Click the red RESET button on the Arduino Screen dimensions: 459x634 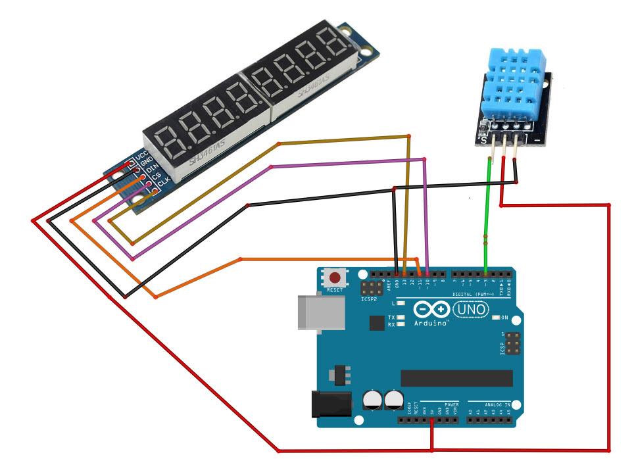pos(335,278)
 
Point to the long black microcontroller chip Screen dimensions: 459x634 pos(456,378)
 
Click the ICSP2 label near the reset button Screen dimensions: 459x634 pos(370,299)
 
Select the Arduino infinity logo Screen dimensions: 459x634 pos(431,309)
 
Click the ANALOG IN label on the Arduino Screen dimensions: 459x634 pos(497,403)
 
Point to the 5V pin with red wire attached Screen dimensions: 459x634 pos(431,420)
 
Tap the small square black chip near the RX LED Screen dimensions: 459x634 pos(376,323)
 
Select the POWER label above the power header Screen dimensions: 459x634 pos(451,404)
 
